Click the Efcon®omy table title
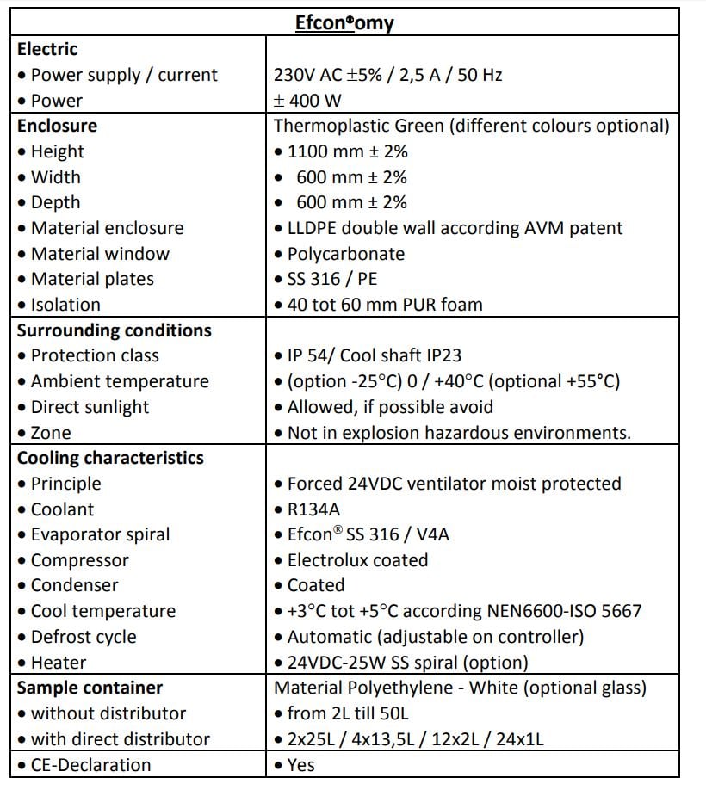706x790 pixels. pos(344,22)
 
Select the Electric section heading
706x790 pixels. pos(47,49)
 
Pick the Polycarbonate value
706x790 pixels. pos(339,254)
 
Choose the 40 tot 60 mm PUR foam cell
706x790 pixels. pos(378,305)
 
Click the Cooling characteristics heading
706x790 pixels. pos(110,458)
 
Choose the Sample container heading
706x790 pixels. pos(90,688)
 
